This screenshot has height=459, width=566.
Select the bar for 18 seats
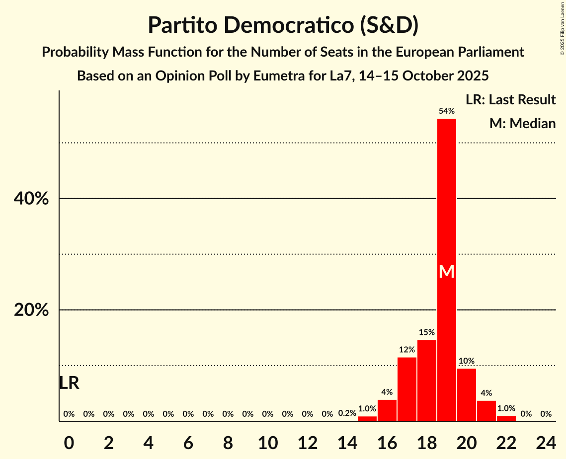click(426, 381)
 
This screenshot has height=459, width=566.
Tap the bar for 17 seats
click(406, 389)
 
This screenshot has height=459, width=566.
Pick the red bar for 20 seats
click(466, 395)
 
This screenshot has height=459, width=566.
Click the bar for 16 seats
click(387, 410)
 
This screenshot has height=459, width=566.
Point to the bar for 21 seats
click(486, 411)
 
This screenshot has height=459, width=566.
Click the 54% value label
click(446, 111)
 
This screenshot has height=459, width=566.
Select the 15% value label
click(426, 332)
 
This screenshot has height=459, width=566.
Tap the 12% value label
click(406, 350)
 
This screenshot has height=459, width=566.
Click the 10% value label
click(466, 361)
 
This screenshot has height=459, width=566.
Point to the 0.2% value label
click(347, 413)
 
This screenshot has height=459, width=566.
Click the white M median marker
click(446, 271)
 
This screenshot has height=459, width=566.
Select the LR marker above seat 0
click(69, 383)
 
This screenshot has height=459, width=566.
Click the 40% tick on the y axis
click(31, 199)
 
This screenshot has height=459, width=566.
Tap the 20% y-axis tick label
click(31, 310)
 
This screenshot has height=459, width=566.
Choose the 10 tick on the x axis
click(267, 441)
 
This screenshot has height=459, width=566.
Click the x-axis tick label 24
click(546, 441)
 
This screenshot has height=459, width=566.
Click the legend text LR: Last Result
click(510, 100)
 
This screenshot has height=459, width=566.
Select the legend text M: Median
click(522, 124)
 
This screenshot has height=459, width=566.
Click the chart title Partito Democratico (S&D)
click(283, 25)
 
